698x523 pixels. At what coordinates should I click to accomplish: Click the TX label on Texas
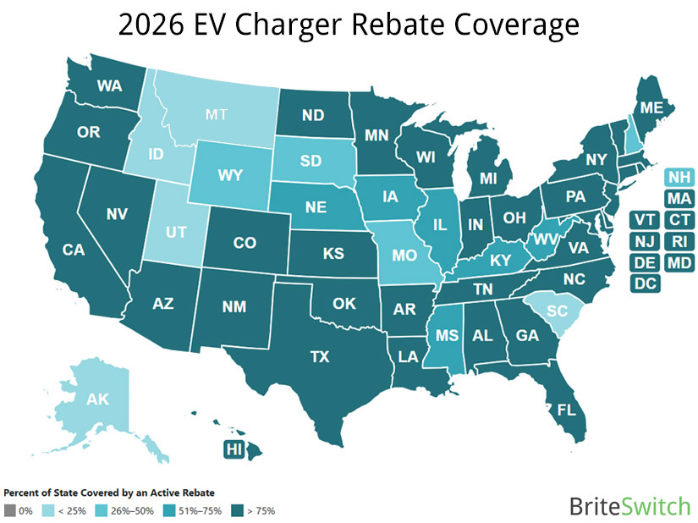[319, 357]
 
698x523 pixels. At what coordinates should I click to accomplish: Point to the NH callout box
[679, 178]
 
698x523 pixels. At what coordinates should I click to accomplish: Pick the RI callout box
[679, 241]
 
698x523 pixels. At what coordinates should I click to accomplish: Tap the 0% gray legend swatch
[9, 509]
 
